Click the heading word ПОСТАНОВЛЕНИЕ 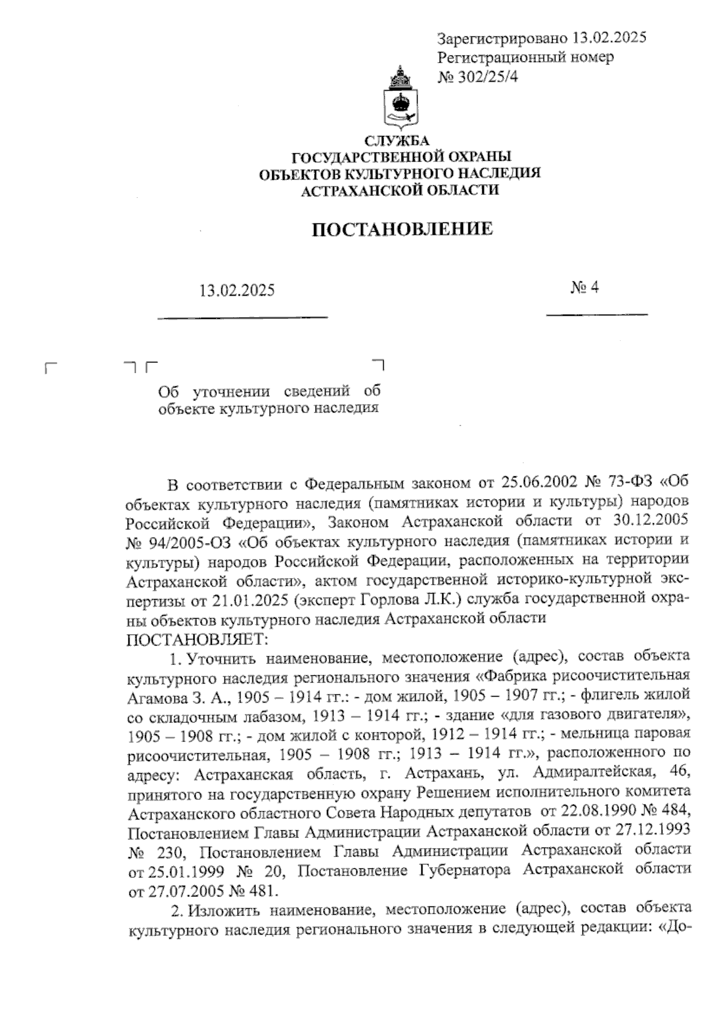pyautogui.click(x=403, y=229)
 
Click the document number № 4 pyautogui.click(x=584, y=288)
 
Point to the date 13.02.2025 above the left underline pyautogui.click(x=237, y=291)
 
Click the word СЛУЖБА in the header pyautogui.click(x=397, y=141)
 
